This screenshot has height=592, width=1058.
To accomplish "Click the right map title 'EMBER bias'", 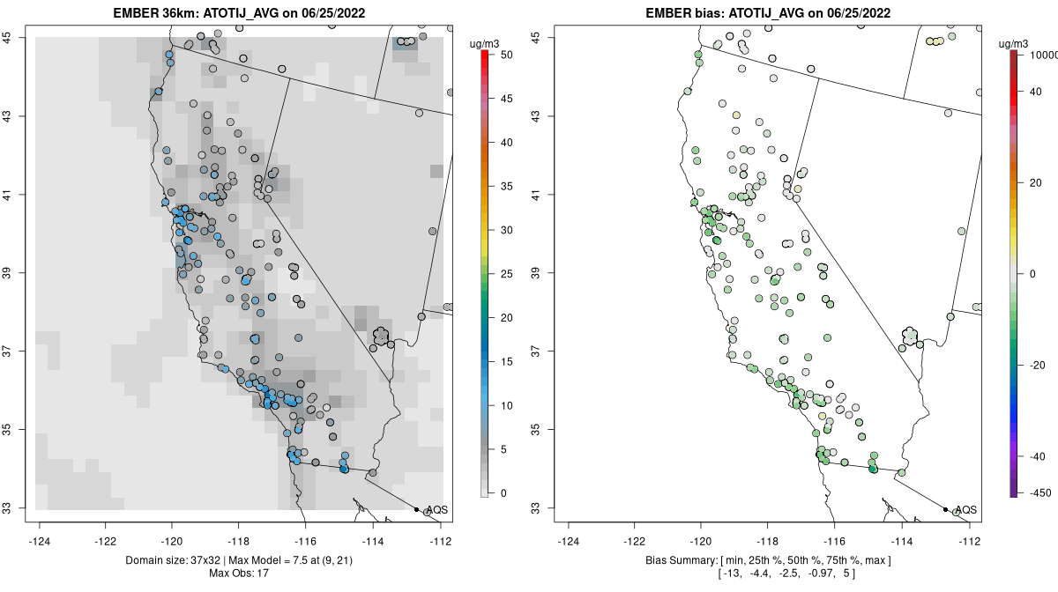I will click(x=696, y=13).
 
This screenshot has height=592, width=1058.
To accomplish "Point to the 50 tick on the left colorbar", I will click(x=500, y=55).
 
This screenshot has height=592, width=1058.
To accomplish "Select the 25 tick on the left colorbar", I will click(x=500, y=274).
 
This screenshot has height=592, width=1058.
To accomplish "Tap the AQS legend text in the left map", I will click(x=436, y=509).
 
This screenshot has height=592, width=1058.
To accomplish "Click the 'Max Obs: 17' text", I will click(x=239, y=573).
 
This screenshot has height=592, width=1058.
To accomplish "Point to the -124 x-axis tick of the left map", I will click(x=41, y=540).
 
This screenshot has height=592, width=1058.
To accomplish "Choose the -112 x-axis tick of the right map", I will click(x=970, y=540).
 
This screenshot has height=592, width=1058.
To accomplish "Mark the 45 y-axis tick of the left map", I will click(x=15, y=37).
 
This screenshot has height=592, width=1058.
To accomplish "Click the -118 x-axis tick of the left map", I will click(x=239, y=540).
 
